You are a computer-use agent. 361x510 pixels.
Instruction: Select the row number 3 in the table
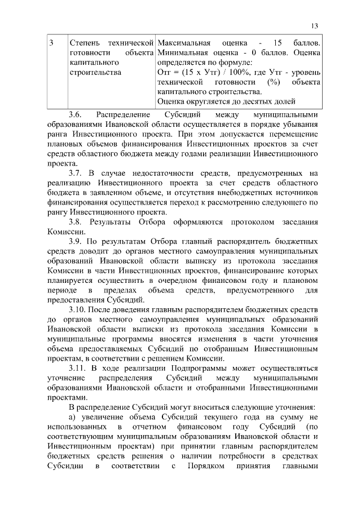(51, 43)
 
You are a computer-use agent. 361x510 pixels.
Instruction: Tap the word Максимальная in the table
(184, 43)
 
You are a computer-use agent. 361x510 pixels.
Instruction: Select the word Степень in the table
(83, 43)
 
